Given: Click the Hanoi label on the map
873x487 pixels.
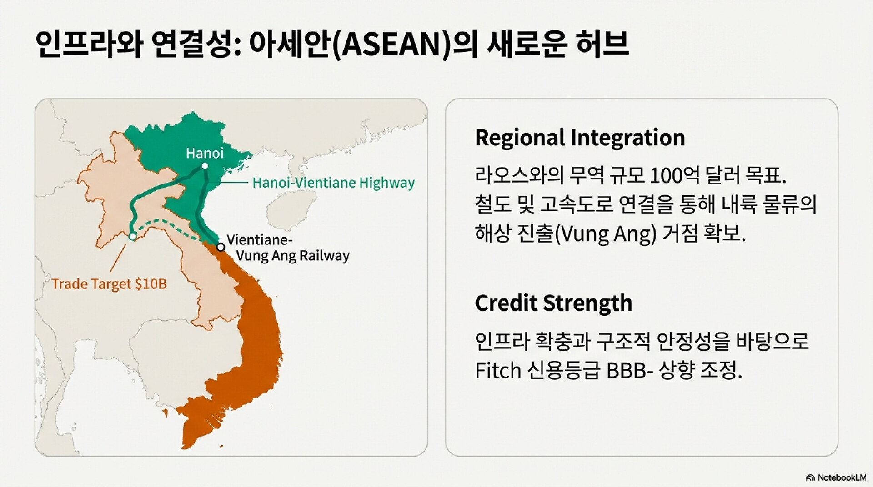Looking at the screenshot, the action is coord(205,153).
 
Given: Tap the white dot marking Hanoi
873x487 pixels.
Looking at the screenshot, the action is coord(205,166).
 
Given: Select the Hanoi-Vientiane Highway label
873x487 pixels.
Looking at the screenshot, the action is coord(333,183).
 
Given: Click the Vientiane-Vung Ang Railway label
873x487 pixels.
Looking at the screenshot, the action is coord(288,248).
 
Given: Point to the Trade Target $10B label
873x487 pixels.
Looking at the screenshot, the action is coord(109,284).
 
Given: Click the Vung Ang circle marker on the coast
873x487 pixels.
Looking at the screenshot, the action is coord(221,247).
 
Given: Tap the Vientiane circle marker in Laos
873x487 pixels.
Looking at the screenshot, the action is coord(132,236).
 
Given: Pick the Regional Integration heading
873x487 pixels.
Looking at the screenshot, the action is coord(580,138).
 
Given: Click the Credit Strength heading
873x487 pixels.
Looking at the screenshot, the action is coord(553,303).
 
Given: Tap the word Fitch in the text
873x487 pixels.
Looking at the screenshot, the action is coord(498,371).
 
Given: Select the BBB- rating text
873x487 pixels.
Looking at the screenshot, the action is coord(630,371).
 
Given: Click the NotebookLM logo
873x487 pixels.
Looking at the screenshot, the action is coord(836,477).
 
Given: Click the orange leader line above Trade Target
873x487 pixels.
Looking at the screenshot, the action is coord(118,258).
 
